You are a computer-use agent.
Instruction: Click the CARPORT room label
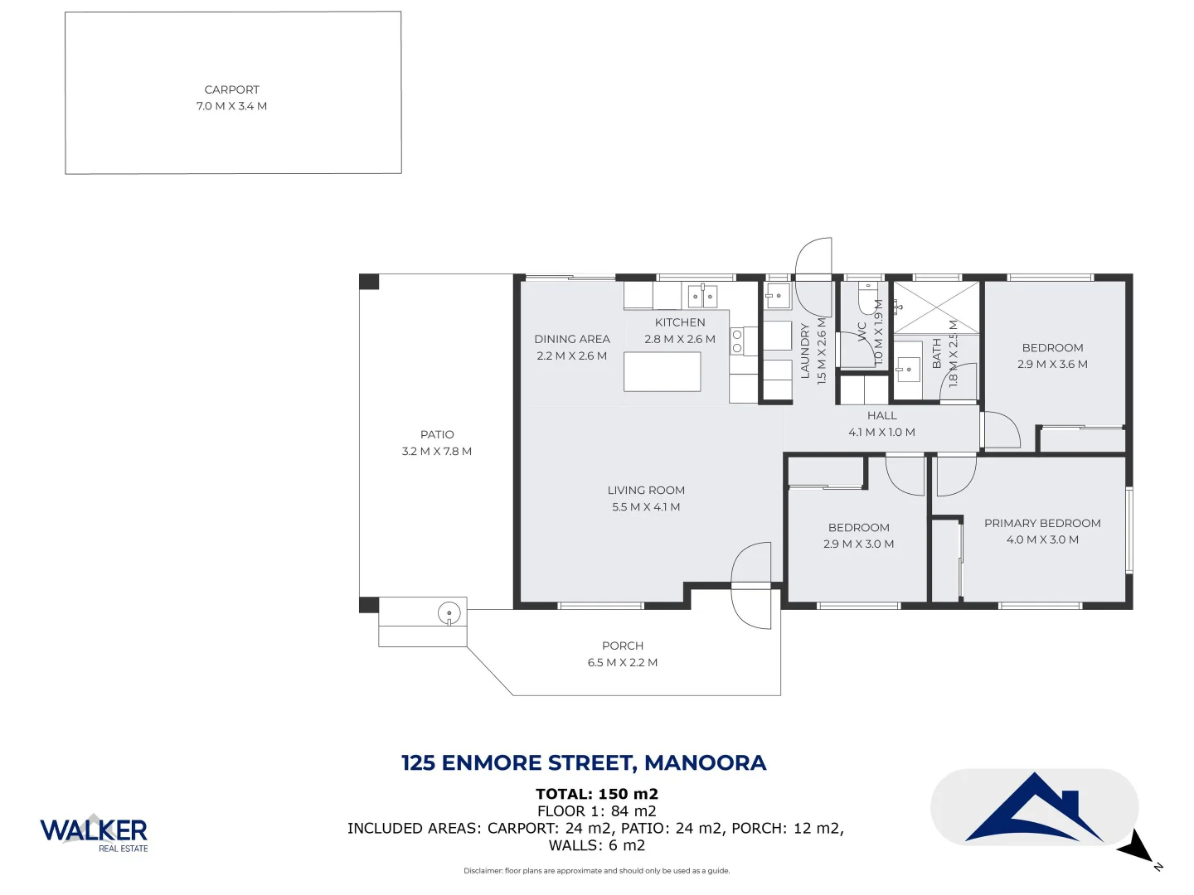point(232,89)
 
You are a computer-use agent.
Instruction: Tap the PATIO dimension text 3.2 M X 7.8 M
point(437,452)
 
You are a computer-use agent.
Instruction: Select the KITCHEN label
point(680,322)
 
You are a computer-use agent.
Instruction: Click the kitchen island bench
point(662,371)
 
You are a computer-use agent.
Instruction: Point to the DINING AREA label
point(572,339)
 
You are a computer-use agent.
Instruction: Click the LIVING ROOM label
point(646,491)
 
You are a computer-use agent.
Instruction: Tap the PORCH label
point(623,646)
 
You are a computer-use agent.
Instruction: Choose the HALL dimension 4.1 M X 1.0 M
point(881,433)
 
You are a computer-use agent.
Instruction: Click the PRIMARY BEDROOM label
point(1042,523)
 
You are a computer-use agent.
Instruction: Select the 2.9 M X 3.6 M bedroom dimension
point(1052,364)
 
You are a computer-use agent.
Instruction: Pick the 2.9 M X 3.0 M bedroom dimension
point(858,544)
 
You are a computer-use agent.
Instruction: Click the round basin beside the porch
point(449,613)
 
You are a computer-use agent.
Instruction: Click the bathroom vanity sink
point(908,366)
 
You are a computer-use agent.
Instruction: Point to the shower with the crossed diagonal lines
point(936,307)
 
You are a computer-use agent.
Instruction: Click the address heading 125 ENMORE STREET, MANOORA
point(584,762)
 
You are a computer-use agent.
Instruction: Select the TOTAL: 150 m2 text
point(597,794)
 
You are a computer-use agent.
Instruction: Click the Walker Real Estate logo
point(94,832)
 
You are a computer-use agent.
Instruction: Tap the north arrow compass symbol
point(1138,851)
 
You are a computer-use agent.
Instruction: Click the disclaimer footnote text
point(597,871)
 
